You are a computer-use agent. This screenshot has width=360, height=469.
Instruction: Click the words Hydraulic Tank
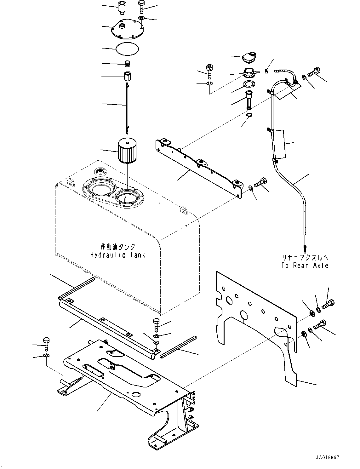[118, 255]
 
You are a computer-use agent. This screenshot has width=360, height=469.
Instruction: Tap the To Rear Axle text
[305, 266]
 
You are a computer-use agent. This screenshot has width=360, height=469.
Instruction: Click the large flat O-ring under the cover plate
[127, 49]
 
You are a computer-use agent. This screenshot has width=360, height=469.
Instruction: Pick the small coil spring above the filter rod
[128, 64]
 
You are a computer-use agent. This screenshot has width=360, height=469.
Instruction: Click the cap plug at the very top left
[121, 7]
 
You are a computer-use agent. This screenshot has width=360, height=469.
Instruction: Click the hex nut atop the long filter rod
[128, 76]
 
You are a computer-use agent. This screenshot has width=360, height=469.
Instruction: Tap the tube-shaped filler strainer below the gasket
[249, 99]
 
